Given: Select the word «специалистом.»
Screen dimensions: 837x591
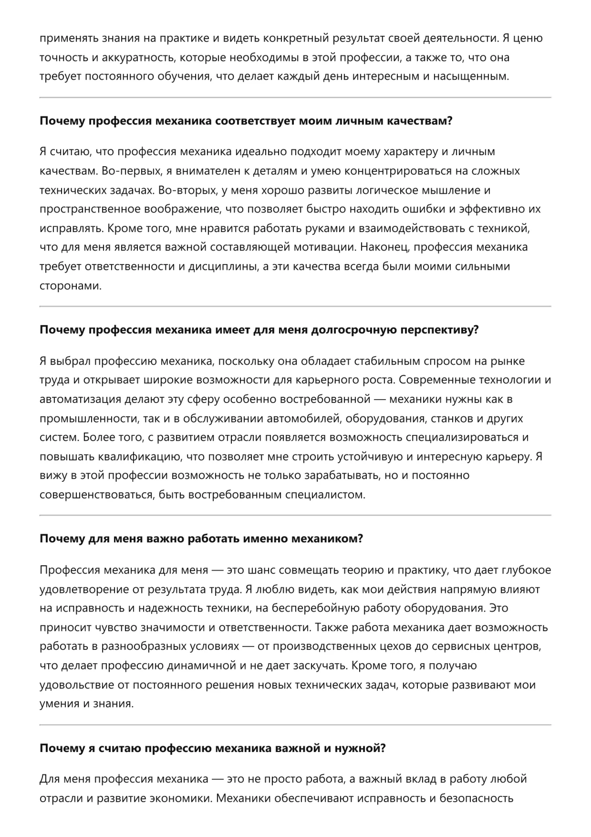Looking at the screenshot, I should [325, 495].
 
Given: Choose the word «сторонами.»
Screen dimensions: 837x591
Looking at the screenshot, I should [71, 286].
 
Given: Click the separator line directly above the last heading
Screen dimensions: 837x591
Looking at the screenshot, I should [295, 725].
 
